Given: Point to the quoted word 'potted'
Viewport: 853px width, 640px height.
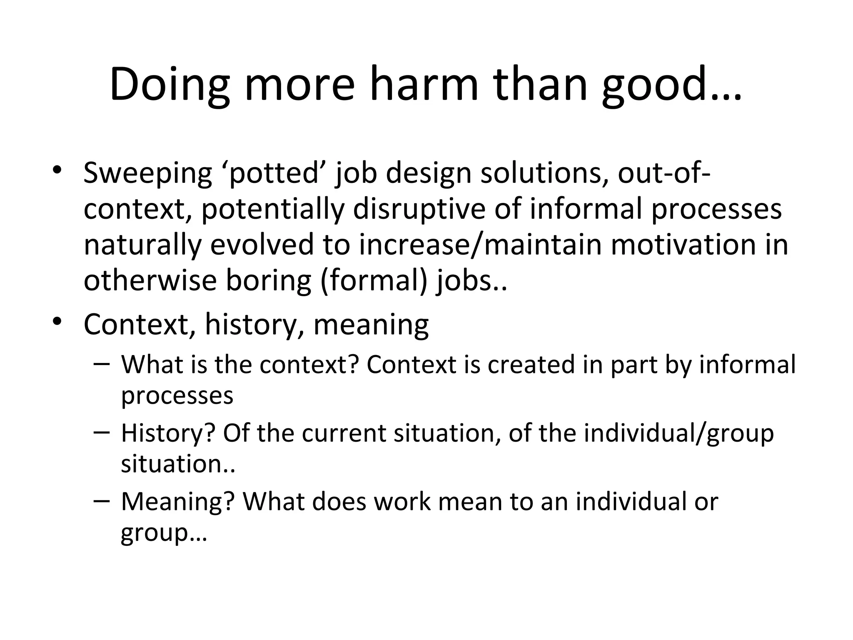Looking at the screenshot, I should [x=274, y=173].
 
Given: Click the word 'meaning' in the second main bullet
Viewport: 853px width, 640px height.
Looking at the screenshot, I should [x=371, y=325].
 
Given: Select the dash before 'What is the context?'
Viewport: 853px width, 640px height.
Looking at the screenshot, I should [x=102, y=364].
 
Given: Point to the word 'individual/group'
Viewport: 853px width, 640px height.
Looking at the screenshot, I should [x=678, y=433].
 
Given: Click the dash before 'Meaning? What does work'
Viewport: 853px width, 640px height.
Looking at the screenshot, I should [x=102, y=500].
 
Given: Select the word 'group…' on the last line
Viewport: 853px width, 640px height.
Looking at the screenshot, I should [x=164, y=532].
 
